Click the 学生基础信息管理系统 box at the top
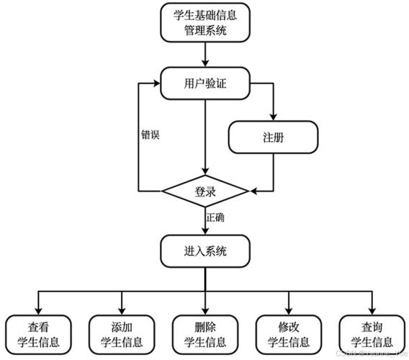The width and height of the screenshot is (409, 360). (205, 22)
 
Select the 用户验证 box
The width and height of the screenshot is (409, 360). (205, 83)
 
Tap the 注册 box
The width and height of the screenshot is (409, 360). (273, 138)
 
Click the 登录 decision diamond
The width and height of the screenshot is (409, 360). (205, 192)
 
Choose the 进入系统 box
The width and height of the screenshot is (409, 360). (205, 251)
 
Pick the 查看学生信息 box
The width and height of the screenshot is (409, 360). (38, 333)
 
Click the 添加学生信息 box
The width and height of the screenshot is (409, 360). (122, 333)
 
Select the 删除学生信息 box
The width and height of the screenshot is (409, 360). (205, 333)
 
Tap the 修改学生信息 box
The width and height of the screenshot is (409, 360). (289, 333)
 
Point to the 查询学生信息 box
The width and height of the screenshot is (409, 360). (372, 333)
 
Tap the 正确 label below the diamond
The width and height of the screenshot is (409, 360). (216, 217)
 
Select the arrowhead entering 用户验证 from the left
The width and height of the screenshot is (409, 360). (158, 83)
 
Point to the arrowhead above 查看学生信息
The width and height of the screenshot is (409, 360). (38, 310)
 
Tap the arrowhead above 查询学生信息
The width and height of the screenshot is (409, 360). (372, 310)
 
